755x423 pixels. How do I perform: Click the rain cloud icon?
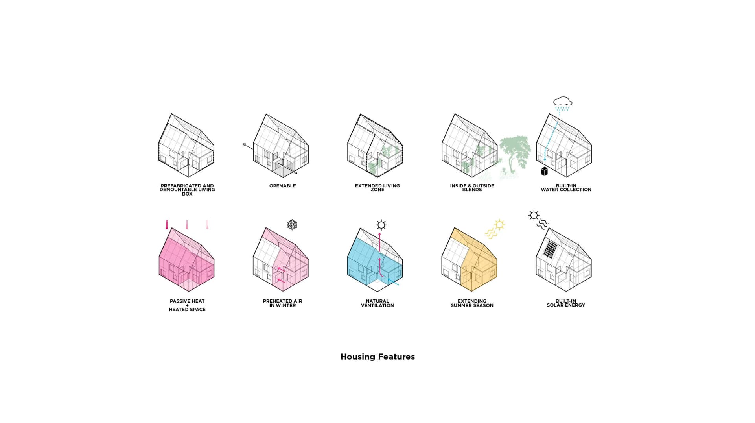tap(563, 102)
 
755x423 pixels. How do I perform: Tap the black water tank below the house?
tap(545, 171)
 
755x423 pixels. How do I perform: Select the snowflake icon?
tap(292, 225)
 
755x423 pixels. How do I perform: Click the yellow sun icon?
tap(499, 225)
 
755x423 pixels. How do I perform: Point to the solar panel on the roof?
tap(551, 249)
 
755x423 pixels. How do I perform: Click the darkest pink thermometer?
tap(167, 225)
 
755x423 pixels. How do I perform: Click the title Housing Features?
tap(377, 357)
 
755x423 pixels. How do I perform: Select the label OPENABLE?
tap(282, 186)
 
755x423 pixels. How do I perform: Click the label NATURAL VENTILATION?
tap(377, 303)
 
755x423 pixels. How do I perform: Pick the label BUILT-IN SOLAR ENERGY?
tap(566, 303)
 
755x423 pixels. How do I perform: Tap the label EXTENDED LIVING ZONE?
tap(377, 188)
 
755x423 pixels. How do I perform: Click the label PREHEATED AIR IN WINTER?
tap(282, 303)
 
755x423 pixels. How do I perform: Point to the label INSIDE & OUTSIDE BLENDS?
tap(472, 188)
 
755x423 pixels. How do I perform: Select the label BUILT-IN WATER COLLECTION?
tap(566, 188)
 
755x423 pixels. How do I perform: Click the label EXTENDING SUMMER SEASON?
tap(472, 303)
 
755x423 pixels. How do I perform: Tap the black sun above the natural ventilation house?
tap(381, 225)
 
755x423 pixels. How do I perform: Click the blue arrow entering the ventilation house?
tap(393, 282)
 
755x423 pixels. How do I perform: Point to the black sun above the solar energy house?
tap(534, 215)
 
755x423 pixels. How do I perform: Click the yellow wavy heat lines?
tap(491, 233)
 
